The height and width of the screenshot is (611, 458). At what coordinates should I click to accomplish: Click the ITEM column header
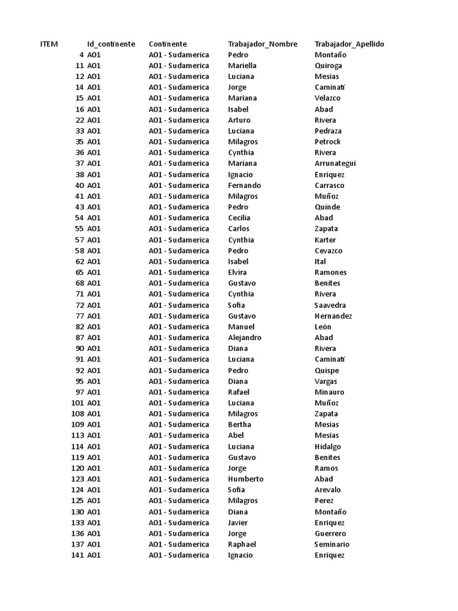point(49,44)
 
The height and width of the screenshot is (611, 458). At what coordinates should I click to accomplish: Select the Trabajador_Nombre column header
point(262,44)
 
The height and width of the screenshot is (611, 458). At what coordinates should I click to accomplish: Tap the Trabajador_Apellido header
point(349,44)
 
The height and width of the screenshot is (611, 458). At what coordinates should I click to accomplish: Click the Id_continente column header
point(111,44)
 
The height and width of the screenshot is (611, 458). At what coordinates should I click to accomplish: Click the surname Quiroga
point(328,66)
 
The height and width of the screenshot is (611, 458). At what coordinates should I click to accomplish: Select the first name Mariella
point(242,66)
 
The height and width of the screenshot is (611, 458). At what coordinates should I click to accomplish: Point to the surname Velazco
point(327,98)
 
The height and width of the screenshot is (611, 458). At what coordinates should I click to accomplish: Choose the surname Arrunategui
point(335,163)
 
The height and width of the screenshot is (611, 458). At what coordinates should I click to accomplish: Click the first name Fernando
point(244,185)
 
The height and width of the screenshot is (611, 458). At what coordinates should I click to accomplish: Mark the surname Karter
point(325,240)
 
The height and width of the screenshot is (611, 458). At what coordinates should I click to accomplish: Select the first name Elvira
point(237,272)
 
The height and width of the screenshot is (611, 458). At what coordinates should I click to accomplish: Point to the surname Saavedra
point(330,305)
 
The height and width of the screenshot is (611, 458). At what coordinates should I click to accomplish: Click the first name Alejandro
point(245,338)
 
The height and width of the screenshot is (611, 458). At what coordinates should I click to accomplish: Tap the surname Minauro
point(329,392)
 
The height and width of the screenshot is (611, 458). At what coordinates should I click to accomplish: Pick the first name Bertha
point(239,425)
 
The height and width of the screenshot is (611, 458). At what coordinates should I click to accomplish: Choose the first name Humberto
point(245,479)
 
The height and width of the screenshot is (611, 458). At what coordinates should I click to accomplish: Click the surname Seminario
point(332,544)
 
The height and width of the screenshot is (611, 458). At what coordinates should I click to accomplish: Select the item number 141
point(77,555)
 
